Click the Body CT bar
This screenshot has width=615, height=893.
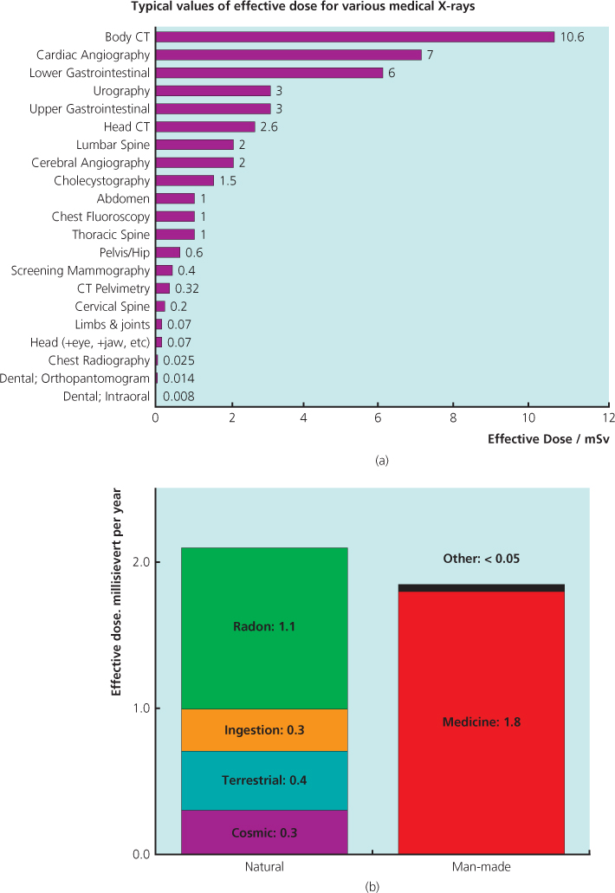354,36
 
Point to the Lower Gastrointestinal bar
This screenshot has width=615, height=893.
269,73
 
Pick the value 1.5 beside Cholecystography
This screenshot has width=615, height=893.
228,180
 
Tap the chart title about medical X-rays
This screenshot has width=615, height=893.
307,9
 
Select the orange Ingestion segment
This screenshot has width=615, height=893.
264,730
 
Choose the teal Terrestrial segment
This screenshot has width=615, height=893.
264,780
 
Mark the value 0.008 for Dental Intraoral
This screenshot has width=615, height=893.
177,397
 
